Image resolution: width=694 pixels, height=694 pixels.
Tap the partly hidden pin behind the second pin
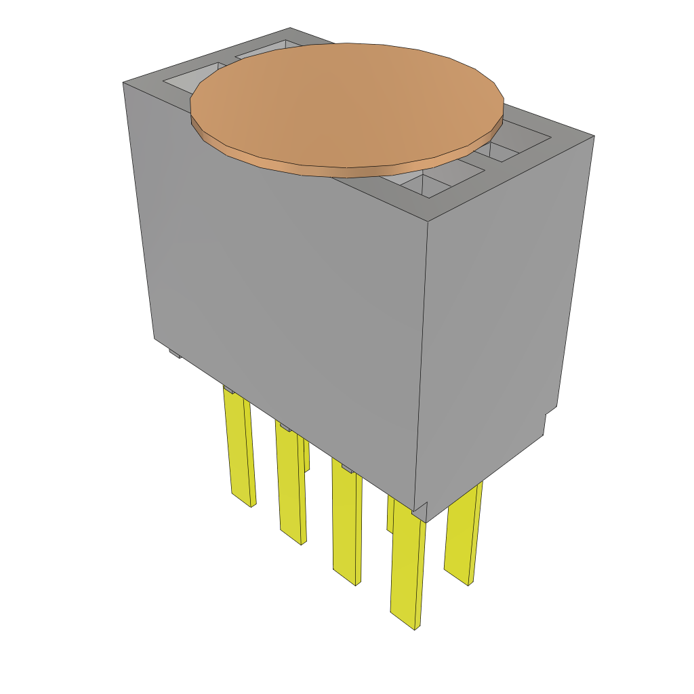tap(306, 454)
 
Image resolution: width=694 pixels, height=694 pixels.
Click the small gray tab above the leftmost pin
tap(229, 390)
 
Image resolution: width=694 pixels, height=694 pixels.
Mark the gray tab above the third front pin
tap(346, 468)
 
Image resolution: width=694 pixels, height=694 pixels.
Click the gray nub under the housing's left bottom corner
tap(174, 353)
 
